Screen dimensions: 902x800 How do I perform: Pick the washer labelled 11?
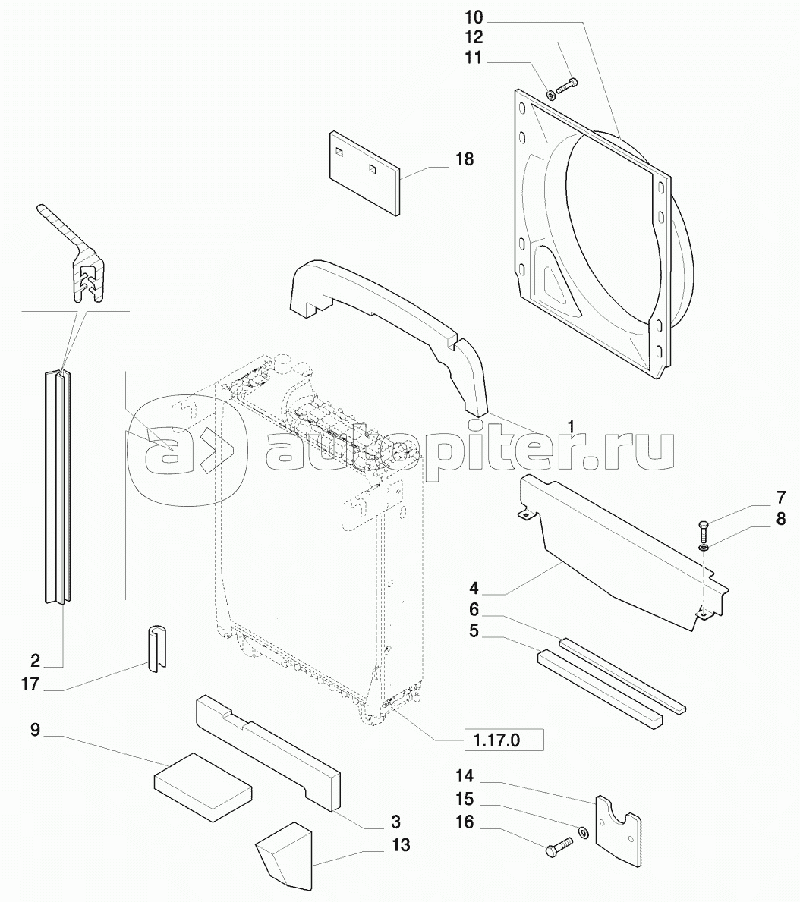pyautogui.click(x=550, y=94)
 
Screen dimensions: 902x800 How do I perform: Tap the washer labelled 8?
pyautogui.click(x=704, y=546)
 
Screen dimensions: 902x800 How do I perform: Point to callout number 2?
pyautogui.click(x=36, y=659)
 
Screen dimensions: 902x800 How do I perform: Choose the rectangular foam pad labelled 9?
pyautogui.click(x=202, y=784)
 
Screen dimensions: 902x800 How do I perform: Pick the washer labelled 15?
pyautogui.click(x=582, y=833)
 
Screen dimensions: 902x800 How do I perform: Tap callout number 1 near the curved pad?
pyautogui.click(x=571, y=427)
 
